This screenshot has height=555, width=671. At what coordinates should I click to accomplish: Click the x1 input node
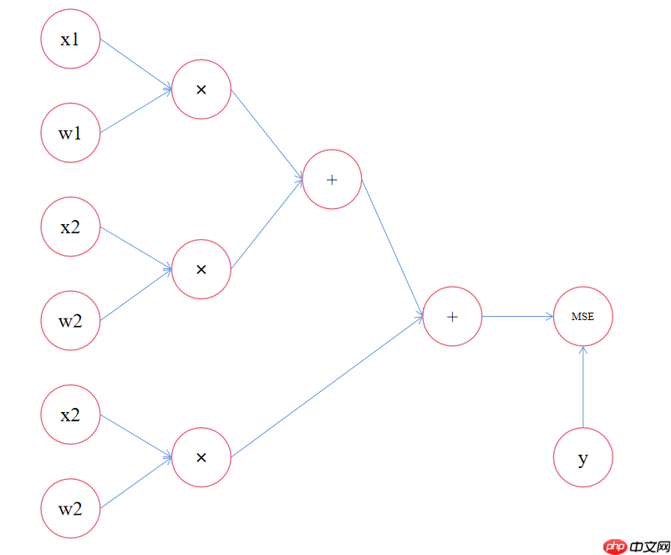(70, 39)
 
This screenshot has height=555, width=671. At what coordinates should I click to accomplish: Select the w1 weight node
(70, 133)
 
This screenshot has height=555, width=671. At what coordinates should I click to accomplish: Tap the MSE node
(583, 316)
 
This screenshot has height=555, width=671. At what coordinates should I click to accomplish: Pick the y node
(583, 457)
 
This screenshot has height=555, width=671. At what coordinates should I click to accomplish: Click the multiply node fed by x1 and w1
(201, 89)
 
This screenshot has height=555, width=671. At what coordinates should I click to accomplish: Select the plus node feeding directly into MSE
(452, 316)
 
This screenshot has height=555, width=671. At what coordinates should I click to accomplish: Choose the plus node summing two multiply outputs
(332, 180)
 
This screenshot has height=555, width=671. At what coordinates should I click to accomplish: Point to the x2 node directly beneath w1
(70, 227)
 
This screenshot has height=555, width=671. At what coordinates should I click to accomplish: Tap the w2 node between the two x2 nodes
(70, 320)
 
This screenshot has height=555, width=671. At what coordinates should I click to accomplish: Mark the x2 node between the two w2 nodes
(70, 415)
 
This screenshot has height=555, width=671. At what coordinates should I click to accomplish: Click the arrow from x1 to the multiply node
(135, 64)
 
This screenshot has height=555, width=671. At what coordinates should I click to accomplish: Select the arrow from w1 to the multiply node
(135, 111)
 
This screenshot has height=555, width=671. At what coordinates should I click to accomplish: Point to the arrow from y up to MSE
(583, 387)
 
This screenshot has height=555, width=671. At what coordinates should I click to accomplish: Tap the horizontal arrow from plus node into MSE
(518, 316)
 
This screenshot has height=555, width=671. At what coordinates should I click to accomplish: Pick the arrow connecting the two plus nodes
(393, 248)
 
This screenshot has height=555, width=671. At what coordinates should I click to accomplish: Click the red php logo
(615, 547)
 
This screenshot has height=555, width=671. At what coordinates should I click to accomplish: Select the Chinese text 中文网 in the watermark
(649, 547)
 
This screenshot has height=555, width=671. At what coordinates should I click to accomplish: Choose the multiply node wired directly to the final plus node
(201, 457)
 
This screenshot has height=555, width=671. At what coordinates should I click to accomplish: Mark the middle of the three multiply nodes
(201, 269)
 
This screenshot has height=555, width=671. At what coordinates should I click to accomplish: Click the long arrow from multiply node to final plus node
(327, 387)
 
